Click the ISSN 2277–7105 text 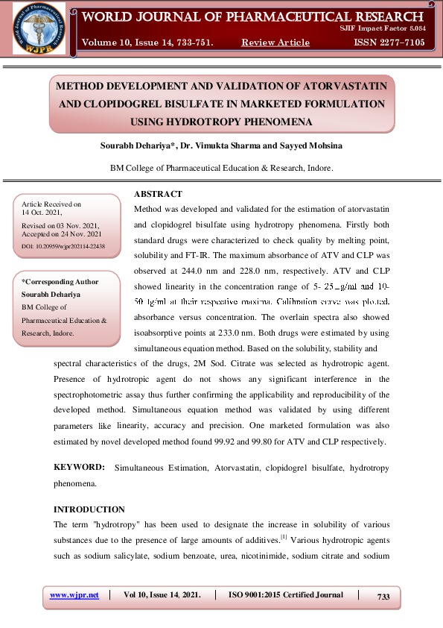point(389,43)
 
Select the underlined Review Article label point(275,43)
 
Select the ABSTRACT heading point(159,194)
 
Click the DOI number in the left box point(63,245)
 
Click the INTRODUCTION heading point(89,509)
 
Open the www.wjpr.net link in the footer point(74,595)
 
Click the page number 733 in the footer point(383,597)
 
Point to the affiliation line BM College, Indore point(221,169)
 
